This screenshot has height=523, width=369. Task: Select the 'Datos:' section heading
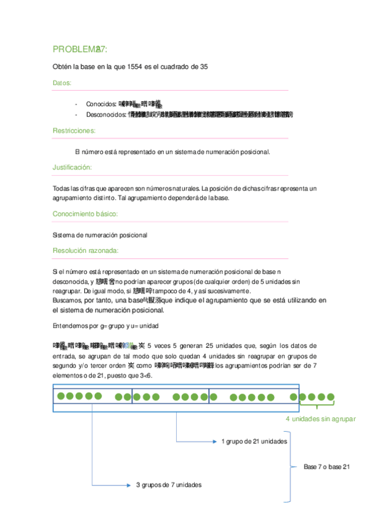click(x=62, y=83)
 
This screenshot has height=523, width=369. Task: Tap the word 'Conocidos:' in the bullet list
click(x=101, y=104)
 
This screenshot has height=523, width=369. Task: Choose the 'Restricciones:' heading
click(x=74, y=131)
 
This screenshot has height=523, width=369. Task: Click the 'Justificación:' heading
click(x=73, y=168)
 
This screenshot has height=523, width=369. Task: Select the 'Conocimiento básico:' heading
click(x=85, y=214)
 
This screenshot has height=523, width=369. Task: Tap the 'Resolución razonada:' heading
click(x=86, y=251)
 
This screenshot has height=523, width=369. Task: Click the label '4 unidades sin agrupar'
click(x=320, y=419)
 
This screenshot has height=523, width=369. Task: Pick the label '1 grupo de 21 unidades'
click(x=253, y=441)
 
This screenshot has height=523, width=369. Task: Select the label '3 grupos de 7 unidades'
click(x=168, y=485)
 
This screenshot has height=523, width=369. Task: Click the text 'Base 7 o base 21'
click(x=326, y=467)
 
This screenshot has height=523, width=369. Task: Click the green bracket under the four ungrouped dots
click(x=317, y=406)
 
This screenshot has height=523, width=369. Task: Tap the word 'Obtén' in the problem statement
click(x=62, y=67)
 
